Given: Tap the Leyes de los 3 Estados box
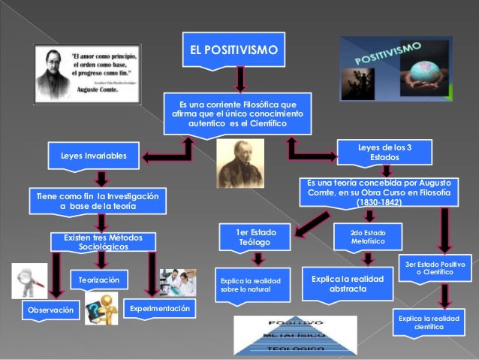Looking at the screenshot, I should click(385, 153).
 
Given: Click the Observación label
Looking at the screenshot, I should click(51, 310).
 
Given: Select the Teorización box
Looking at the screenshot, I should click(99, 280).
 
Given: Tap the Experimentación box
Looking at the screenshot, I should click(160, 309).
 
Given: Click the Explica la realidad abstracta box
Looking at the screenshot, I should click(348, 283).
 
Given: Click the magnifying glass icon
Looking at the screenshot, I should click(29, 280).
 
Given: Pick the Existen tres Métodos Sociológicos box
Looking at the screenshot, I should click(102, 241).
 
